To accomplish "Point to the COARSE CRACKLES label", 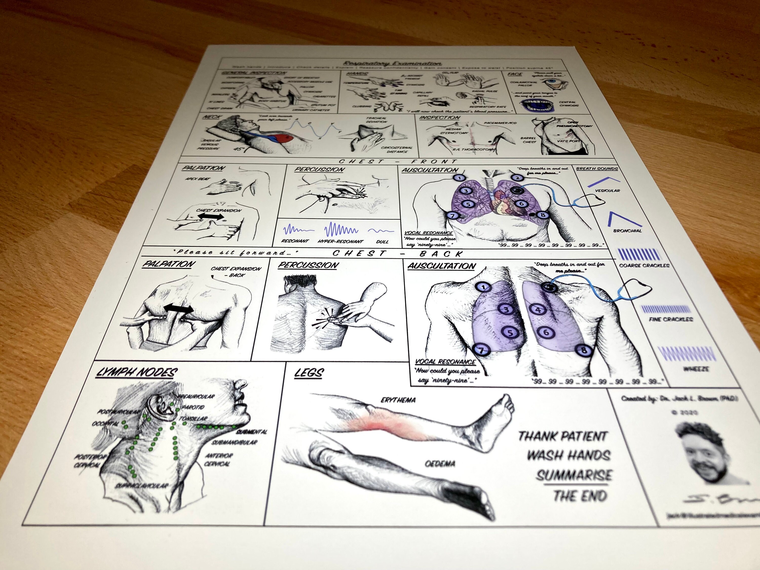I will pyautogui.click(x=644, y=265).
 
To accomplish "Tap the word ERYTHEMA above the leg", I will pyautogui.click(x=398, y=400).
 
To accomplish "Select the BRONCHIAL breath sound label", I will pyautogui.click(x=627, y=231).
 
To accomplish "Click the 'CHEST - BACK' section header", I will pyautogui.click(x=397, y=254).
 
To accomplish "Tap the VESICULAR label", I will pyautogui.click(x=607, y=190).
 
